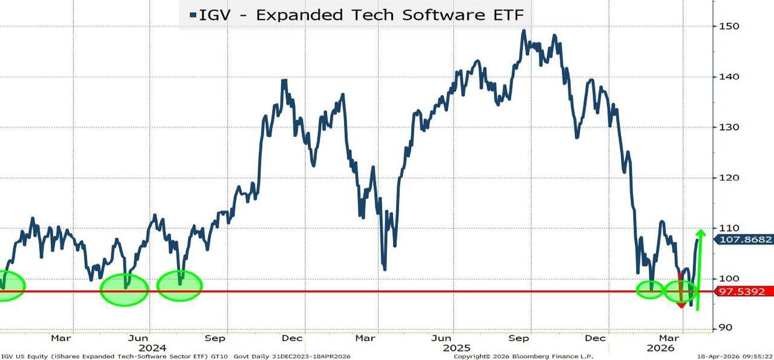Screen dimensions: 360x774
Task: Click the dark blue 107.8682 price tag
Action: coord(745,240)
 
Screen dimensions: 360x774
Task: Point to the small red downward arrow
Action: coord(681,303)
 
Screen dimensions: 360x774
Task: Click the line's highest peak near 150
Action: coord(524,30)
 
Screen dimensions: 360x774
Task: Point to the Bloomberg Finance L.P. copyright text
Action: coord(524,356)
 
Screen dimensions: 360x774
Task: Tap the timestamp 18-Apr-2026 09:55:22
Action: coord(735,356)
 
